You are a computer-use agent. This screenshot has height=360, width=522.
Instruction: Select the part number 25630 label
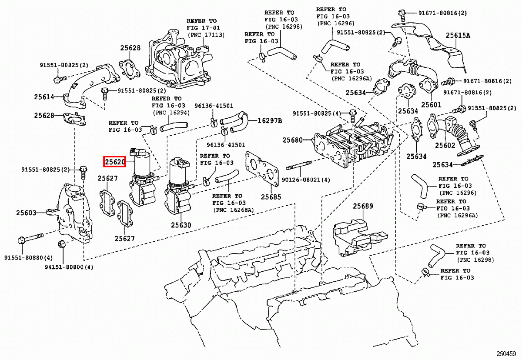(181, 225)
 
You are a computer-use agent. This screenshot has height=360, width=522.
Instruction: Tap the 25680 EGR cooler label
(292, 140)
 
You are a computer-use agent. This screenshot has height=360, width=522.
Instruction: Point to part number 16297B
(270, 120)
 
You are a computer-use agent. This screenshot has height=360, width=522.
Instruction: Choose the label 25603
(26, 213)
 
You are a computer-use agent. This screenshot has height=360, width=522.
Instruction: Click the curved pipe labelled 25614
(89, 85)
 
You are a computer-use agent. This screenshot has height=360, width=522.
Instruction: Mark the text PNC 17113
(206, 34)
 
